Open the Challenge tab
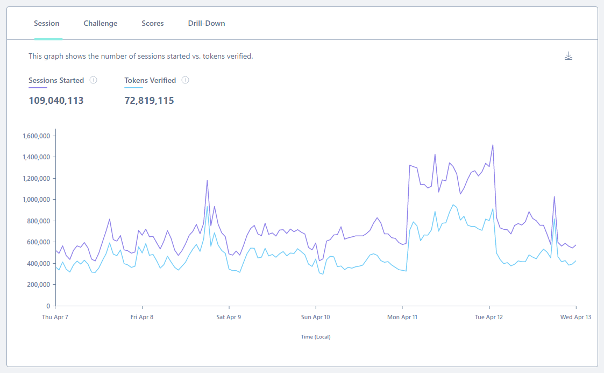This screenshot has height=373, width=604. (x=101, y=24)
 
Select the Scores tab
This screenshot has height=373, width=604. (x=153, y=24)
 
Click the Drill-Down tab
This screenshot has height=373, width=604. (x=207, y=24)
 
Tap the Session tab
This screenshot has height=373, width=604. (x=47, y=24)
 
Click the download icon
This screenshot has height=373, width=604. (x=568, y=57)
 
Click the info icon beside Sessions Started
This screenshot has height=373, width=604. (x=93, y=80)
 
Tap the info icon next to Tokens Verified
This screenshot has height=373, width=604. (x=185, y=80)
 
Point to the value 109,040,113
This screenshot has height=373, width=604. (x=56, y=101)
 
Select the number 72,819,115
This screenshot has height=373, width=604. (x=149, y=101)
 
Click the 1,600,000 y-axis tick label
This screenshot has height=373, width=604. (x=37, y=136)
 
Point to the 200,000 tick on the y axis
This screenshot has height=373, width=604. (x=39, y=285)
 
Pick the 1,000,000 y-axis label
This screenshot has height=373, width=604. (x=37, y=200)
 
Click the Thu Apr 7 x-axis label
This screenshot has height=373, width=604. (x=55, y=317)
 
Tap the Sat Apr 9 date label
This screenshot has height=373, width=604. (x=229, y=317)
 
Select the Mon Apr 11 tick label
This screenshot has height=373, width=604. (x=402, y=317)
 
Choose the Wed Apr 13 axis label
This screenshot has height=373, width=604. (x=575, y=317)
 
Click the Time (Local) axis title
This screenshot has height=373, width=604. (x=316, y=337)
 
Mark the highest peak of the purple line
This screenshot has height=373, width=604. (x=493, y=145)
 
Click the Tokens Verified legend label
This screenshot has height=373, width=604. (x=150, y=80)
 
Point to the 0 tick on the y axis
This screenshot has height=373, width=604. (x=48, y=306)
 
